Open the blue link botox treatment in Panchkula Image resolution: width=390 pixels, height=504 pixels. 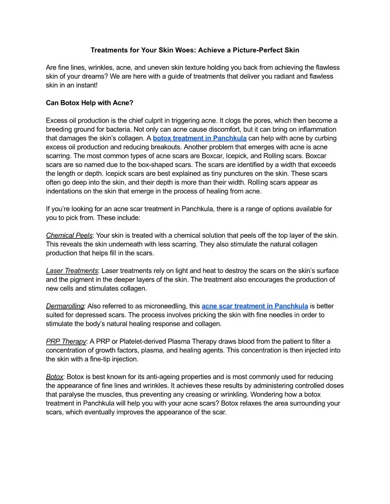coord(200,138)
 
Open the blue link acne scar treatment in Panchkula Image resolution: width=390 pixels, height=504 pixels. coord(255,306)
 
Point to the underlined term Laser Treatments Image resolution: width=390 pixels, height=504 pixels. coord(72,271)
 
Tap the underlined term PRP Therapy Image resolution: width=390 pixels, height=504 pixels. coord(66,341)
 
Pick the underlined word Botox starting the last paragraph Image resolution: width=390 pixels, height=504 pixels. coord(54,377)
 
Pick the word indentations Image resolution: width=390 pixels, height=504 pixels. coord(67,191)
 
